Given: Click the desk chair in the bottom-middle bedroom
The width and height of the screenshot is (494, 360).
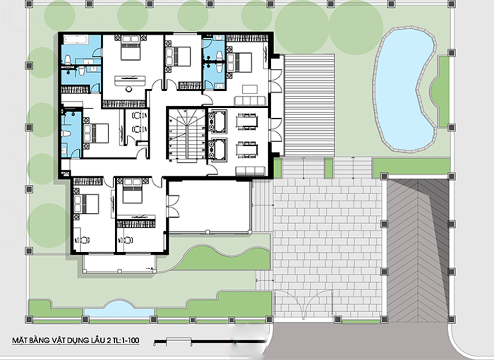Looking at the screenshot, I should [x=127, y=239].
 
